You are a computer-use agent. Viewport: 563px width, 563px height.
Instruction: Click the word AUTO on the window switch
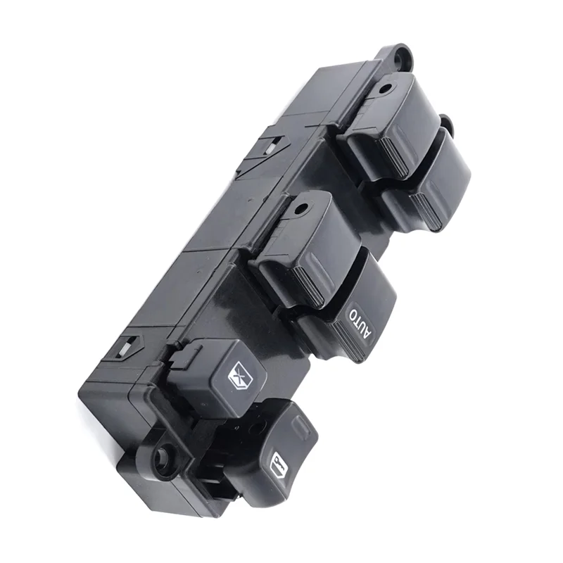tap(360, 322)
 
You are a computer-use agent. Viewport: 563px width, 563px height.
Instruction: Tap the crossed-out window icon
tap(239, 374)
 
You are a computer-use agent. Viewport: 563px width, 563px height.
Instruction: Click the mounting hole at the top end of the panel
tap(401, 56)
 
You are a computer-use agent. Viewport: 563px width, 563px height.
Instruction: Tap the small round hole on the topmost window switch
tap(386, 88)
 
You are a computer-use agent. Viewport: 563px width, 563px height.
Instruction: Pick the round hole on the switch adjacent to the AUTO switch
tap(303, 208)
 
